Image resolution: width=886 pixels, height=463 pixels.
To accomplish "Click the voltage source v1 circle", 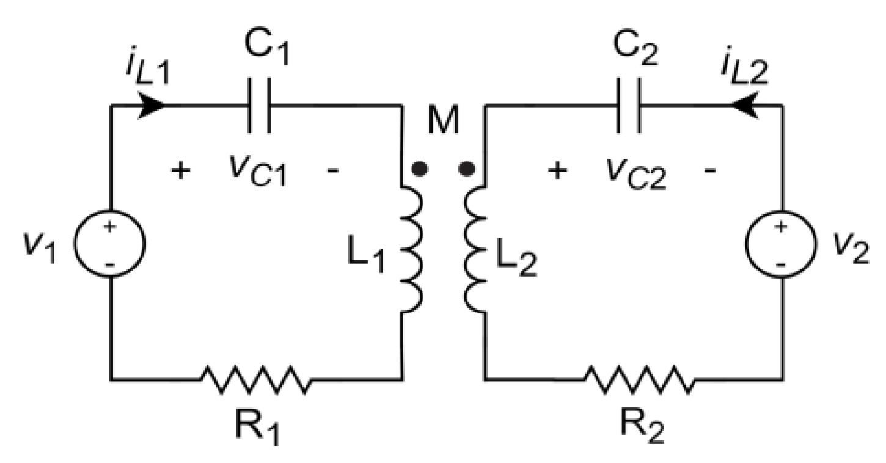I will click(110, 242).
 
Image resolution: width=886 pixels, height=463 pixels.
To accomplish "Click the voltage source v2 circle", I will click(781, 242).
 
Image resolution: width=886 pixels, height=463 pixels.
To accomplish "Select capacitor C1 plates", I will click(259, 106).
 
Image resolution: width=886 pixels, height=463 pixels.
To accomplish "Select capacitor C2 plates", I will click(629, 106).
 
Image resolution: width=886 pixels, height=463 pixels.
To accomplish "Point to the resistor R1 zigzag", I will click(255, 379).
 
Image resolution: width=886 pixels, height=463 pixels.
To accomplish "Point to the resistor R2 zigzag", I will click(640, 379).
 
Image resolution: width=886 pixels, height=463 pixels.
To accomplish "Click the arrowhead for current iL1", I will click(153, 105).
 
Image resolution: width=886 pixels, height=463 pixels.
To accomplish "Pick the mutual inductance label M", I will click(443, 122).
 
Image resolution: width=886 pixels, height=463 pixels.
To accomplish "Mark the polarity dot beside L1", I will click(419, 170).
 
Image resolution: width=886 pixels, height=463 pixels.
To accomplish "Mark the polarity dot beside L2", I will click(467, 170).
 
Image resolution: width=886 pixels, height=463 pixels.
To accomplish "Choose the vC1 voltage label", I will click(257, 172).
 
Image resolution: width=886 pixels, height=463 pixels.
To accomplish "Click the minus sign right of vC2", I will click(709, 171).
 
